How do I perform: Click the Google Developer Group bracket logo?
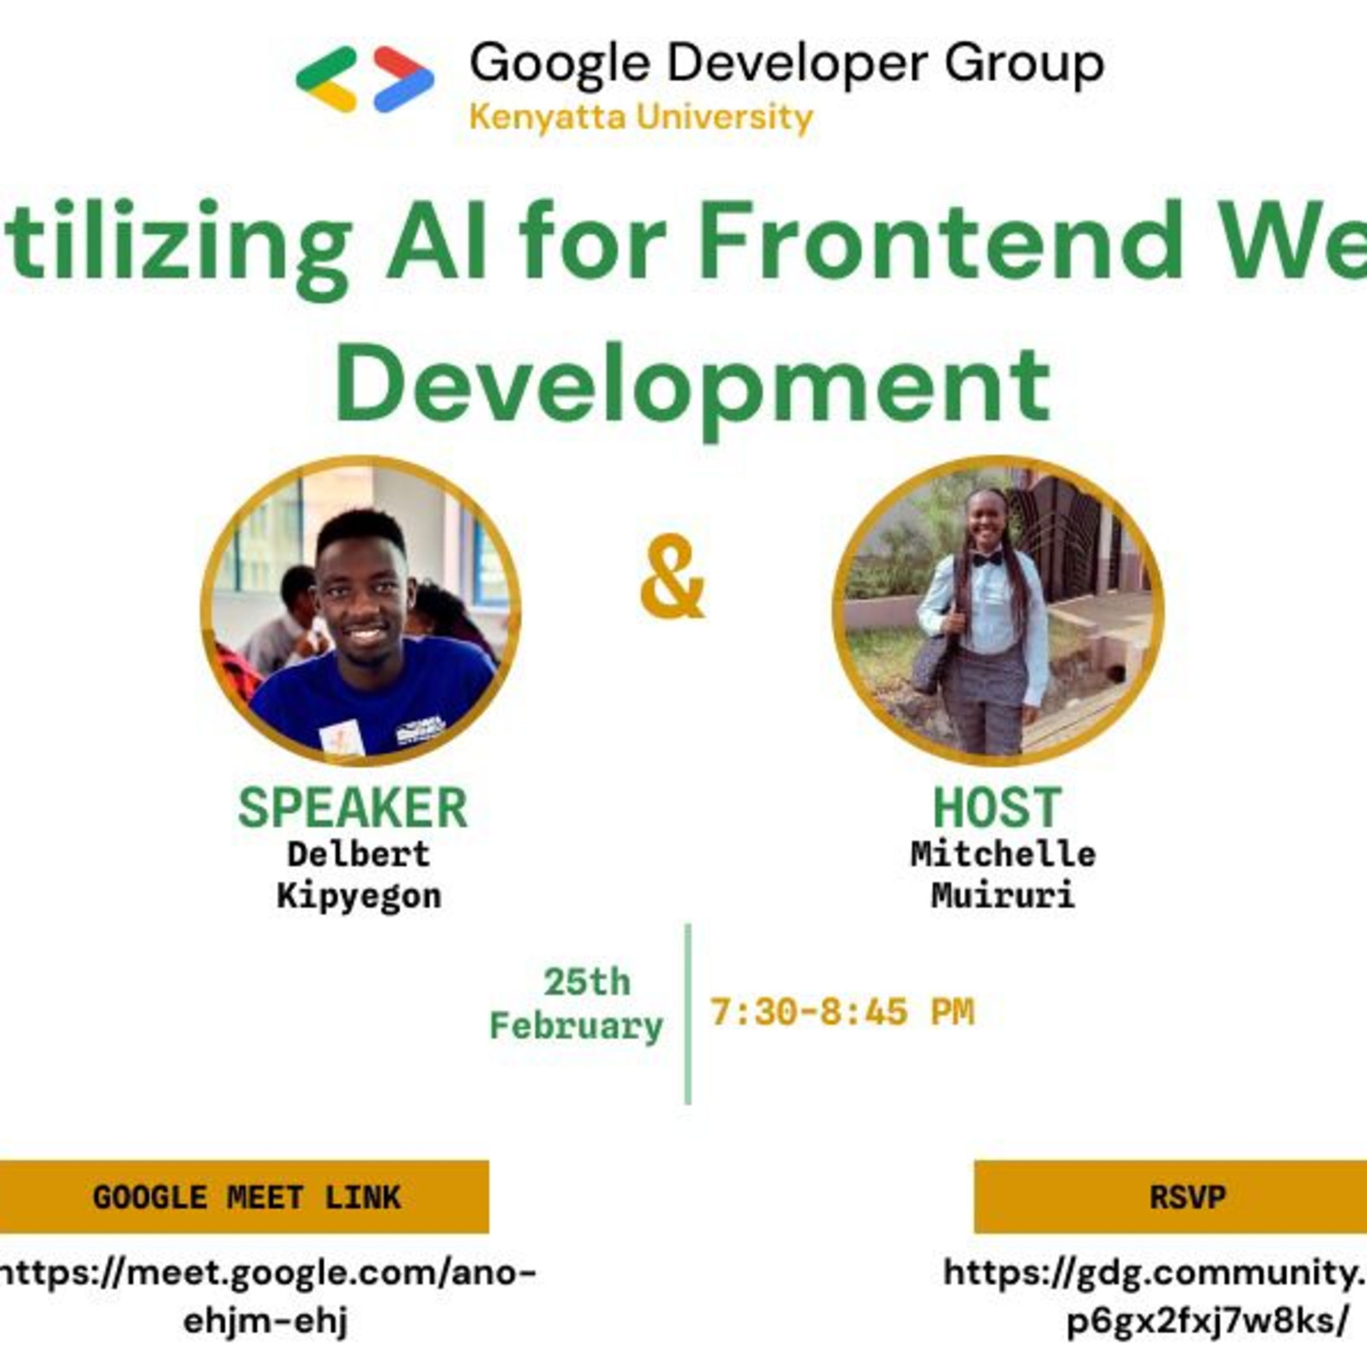coord(365,79)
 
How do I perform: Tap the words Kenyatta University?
coord(641,118)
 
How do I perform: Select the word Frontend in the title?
coord(941,240)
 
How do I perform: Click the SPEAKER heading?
coord(353,808)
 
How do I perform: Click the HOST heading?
coord(997,808)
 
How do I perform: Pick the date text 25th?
coord(587,982)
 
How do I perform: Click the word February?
coord(576,1026)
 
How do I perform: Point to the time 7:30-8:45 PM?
coord(842,1012)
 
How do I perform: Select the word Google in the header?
coord(559,64)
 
